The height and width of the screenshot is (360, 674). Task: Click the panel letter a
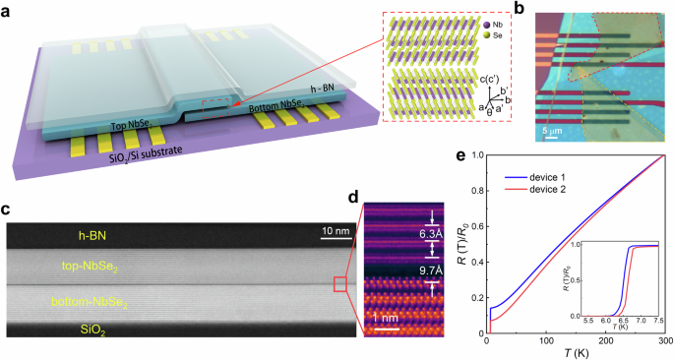click(9, 10)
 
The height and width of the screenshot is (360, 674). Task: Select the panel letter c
click(8, 209)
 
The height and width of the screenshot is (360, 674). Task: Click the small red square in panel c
click(340, 284)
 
